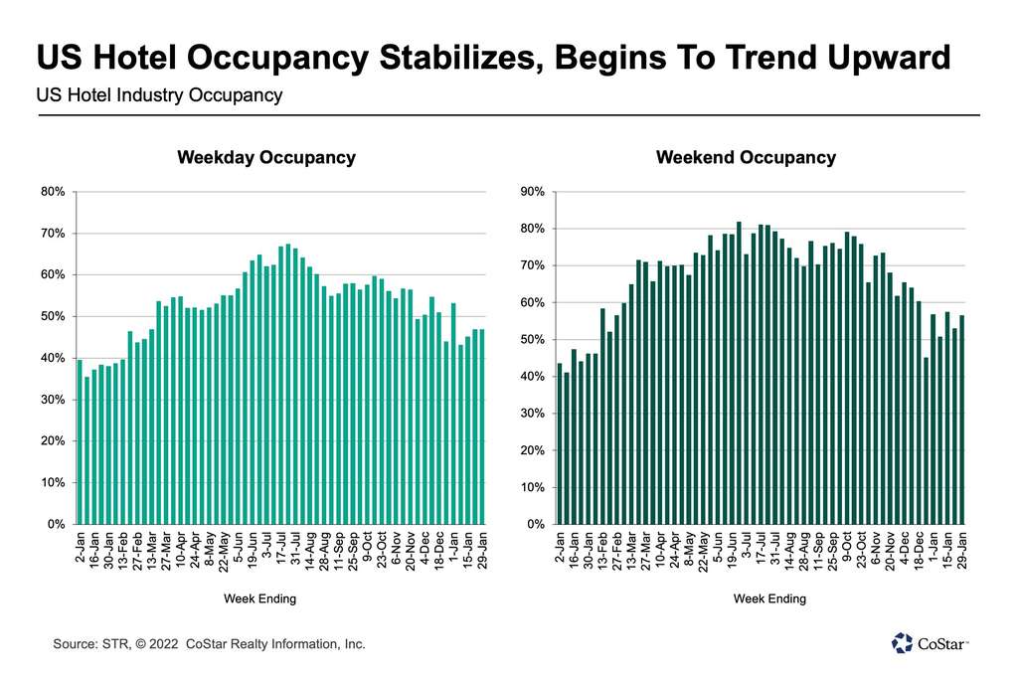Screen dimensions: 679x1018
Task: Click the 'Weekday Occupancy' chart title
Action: point(265,158)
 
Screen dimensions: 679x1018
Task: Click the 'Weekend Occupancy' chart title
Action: point(746,158)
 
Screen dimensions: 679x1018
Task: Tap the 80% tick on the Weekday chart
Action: point(53,192)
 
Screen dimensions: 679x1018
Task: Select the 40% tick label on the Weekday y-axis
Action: point(53,358)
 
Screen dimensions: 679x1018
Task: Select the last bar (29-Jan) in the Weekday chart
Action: point(482,426)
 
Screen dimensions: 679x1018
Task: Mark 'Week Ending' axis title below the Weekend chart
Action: point(769,598)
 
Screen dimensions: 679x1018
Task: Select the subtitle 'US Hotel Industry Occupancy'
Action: point(159,95)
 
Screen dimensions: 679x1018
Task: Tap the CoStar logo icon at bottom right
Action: point(902,643)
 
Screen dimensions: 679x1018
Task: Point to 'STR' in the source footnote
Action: point(112,644)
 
